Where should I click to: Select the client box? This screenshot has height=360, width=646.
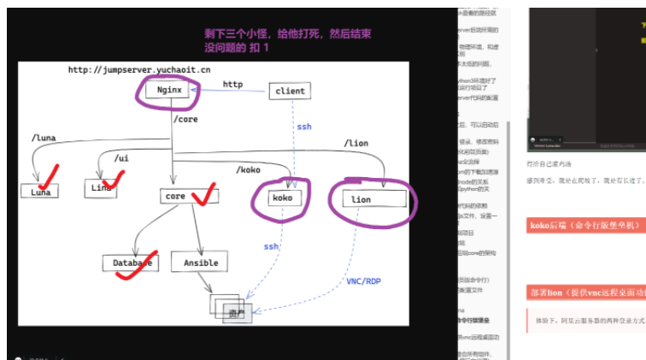(290, 91)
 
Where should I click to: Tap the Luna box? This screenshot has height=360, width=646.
(40, 192)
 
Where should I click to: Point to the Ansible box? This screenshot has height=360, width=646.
(201, 263)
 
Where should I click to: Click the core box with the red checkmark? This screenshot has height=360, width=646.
(175, 196)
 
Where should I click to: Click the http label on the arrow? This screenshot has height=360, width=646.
(232, 84)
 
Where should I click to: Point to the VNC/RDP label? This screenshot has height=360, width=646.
(364, 280)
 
